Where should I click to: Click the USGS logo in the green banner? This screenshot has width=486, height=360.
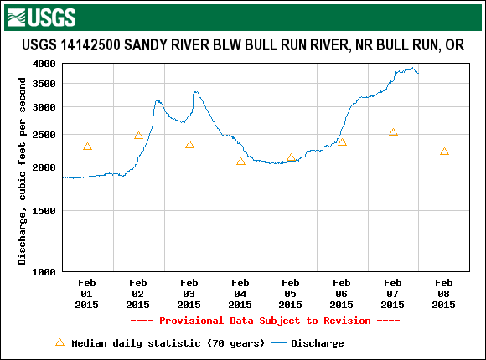click(41, 16)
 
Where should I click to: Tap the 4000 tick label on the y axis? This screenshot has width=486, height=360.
click(44, 64)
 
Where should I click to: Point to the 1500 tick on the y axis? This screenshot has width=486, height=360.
click(44, 211)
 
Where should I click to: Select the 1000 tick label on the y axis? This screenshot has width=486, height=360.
click(44, 271)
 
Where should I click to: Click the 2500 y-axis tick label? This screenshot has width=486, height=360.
click(44, 134)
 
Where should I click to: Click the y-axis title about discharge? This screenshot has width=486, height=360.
click(23, 167)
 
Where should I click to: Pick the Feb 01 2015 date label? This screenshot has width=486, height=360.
click(87, 294)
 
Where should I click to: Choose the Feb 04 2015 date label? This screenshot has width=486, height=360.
click(240, 294)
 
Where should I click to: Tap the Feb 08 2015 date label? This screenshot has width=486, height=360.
click(444, 294)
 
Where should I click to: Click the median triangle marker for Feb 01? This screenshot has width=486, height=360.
click(87, 147)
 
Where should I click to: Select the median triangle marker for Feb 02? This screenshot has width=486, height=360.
click(138, 135)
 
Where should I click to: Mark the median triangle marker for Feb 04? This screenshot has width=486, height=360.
click(240, 162)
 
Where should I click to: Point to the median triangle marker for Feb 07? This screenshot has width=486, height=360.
click(393, 132)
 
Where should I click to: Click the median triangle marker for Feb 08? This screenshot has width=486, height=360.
click(444, 152)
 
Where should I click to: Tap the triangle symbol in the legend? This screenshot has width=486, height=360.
click(59, 342)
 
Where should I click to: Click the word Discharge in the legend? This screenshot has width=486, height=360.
click(317, 343)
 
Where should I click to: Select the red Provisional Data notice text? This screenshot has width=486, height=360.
click(265, 321)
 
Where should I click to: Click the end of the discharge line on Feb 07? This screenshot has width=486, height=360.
click(418, 73)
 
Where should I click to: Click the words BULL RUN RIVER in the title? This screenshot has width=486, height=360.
click(293, 44)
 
